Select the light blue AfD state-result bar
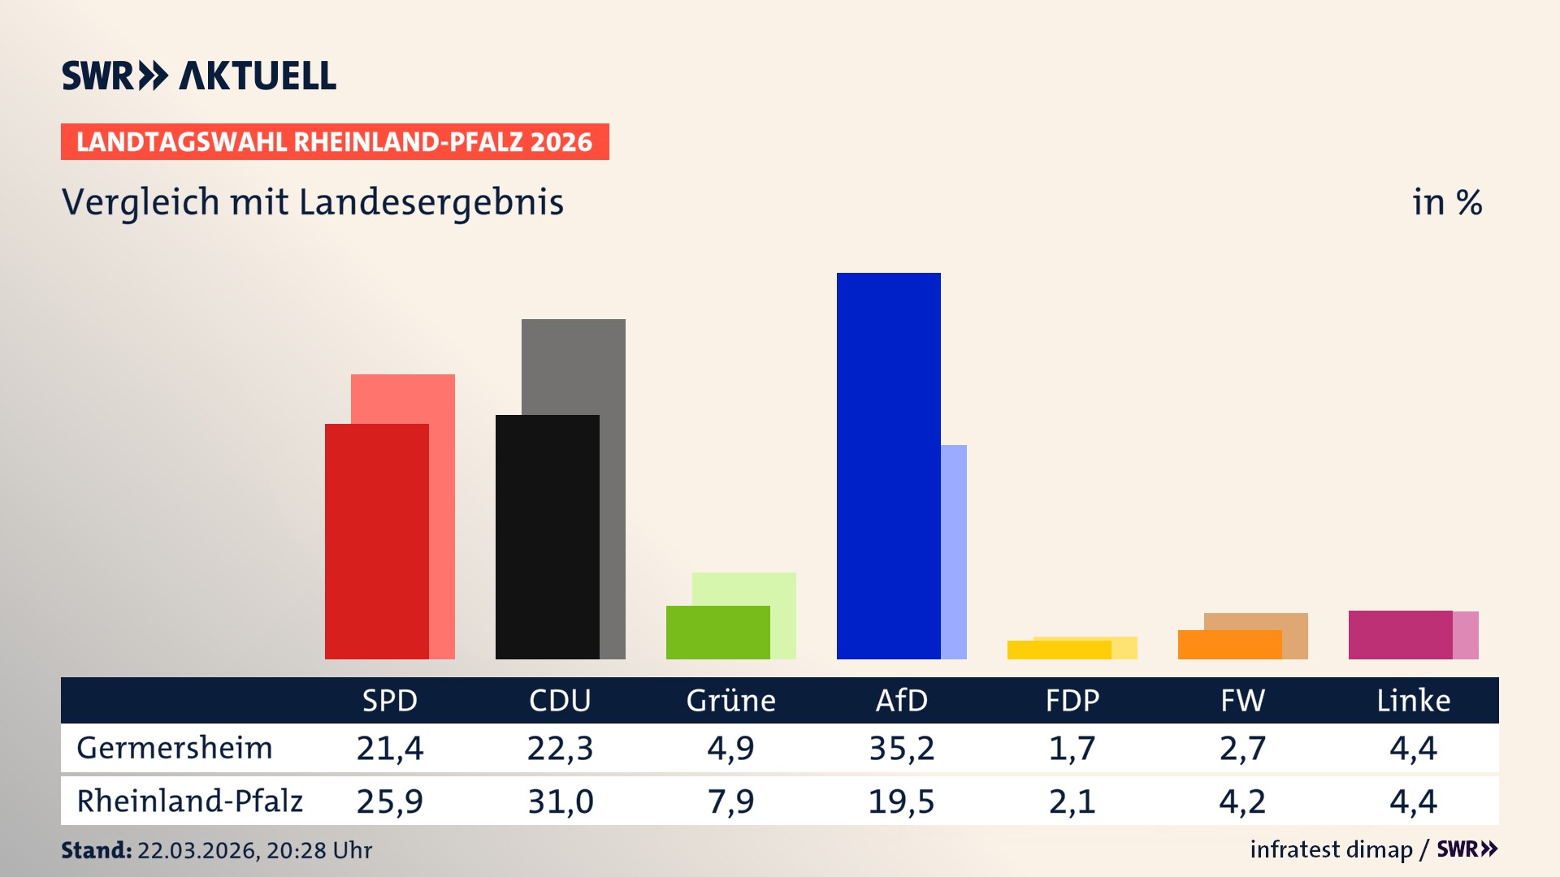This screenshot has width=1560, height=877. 954,551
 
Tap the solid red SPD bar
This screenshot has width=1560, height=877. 376,541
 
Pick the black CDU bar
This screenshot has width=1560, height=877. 547,537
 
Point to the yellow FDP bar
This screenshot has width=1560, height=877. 1059,650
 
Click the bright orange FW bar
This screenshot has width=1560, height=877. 1229,644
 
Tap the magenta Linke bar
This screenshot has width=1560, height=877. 1400,634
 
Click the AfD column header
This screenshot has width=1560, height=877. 901,700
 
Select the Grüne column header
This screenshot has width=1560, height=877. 730,700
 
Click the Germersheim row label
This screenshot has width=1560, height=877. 174,748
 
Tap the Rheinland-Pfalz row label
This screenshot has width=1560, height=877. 189,801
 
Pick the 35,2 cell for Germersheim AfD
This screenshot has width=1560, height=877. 901,748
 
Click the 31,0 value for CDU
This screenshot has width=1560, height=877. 560,801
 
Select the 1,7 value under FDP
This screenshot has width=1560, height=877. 1072,748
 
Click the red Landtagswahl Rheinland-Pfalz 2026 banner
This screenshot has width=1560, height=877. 335,141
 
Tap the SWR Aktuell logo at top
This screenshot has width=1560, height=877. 199,76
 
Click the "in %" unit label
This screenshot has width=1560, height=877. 1446,202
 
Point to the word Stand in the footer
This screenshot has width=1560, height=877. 95,850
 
